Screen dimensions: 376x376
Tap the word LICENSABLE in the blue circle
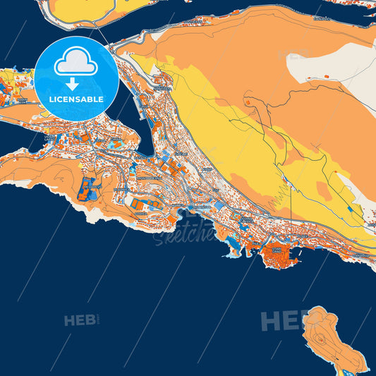click(x=77, y=99)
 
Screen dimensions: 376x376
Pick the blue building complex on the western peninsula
click(x=89, y=188)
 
